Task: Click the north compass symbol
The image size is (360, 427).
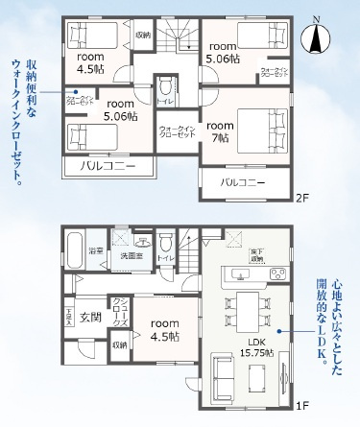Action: [316, 39]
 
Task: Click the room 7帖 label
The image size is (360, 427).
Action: [219, 131]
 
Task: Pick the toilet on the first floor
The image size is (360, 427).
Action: [164, 241]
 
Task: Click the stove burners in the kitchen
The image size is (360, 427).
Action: [276, 274]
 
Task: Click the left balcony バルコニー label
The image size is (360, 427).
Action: [107, 165]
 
